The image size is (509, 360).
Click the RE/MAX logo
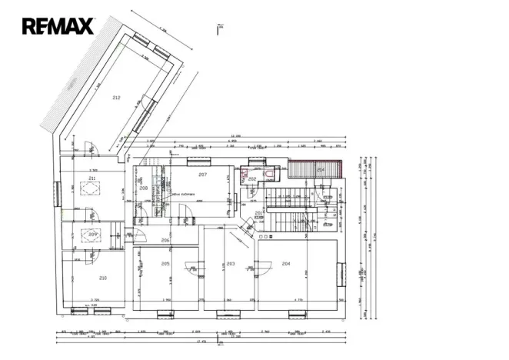[x=58, y=26]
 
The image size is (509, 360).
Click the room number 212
[x=116, y=98]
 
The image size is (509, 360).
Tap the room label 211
[x=91, y=178]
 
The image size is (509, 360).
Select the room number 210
[x=102, y=278]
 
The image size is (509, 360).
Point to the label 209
[x=92, y=234]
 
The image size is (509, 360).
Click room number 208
[x=143, y=188]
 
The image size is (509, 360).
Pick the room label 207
[x=203, y=175]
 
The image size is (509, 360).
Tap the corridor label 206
[x=165, y=241]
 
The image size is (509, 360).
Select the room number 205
[x=165, y=264]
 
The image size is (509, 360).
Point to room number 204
[x=286, y=264]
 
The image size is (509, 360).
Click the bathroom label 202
[x=251, y=178]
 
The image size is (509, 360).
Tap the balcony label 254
[x=321, y=169]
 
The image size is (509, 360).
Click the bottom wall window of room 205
[x=165, y=313]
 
